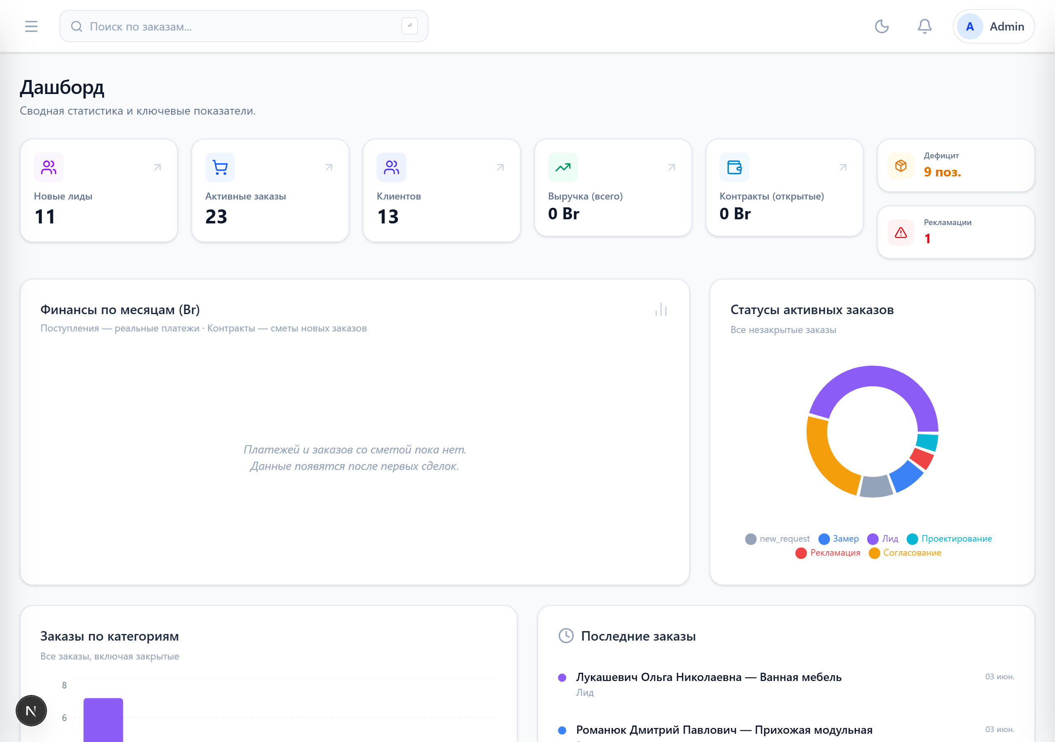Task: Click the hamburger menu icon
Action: click(x=31, y=26)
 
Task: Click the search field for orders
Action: click(x=244, y=26)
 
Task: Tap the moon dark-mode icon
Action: click(x=882, y=26)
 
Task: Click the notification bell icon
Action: click(x=924, y=26)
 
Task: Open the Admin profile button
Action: click(x=994, y=27)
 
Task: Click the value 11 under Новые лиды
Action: click(x=45, y=216)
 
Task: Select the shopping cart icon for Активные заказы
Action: click(x=220, y=167)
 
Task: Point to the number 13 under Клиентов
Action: click(x=388, y=216)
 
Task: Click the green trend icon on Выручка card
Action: click(x=563, y=167)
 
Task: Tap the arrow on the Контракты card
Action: click(x=843, y=167)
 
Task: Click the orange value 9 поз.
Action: click(x=942, y=172)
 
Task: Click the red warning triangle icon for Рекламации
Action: click(x=900, y=232)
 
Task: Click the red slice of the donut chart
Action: click(x=922, y=458)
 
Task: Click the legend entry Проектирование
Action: click(x=949, y=539)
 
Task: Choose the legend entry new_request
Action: click(x=778, y=539)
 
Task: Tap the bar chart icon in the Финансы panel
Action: click(x=661, y=310)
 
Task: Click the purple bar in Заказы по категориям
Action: click(x=103, y=720)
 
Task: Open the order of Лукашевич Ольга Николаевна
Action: click(x=708, y=677)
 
